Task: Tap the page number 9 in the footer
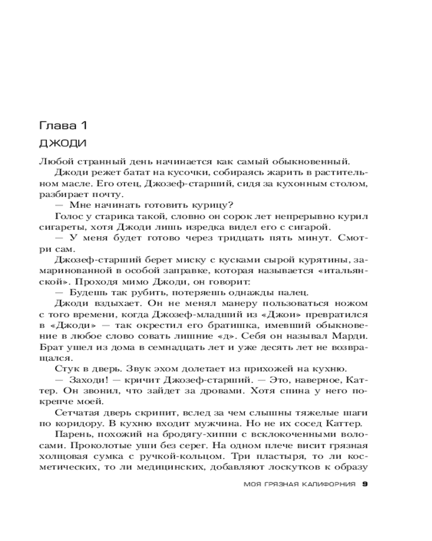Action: (x=366, y=484)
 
